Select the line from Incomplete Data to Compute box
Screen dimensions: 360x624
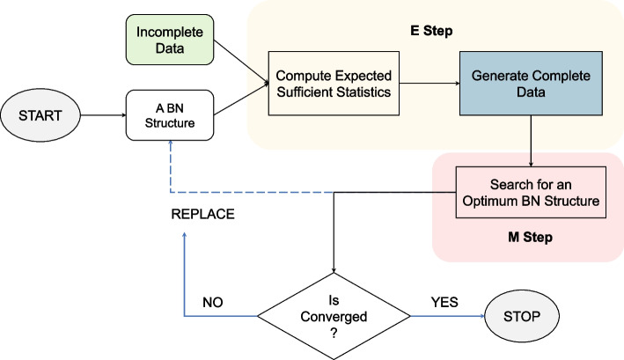[x=239, y=59]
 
